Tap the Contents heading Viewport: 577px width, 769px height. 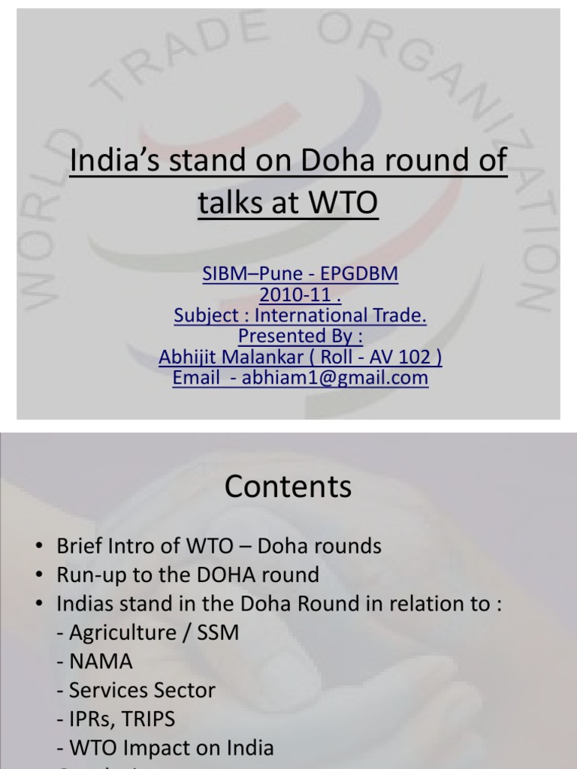click(x=288, y=487)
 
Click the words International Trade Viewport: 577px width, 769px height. click(x=352, y=316)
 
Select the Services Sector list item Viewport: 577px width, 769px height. click(x=135, y=690)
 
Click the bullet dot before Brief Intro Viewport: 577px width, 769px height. click(x=41, y=547)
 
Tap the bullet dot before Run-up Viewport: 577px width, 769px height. click(x=41, y=576)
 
